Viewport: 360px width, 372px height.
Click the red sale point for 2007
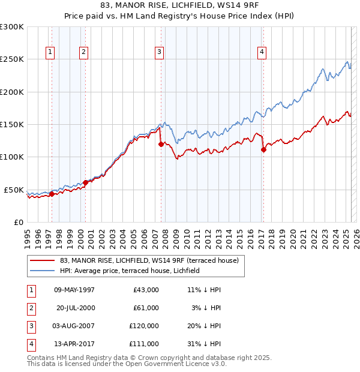coord(161,144)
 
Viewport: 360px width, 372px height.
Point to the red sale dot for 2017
coord(263,150)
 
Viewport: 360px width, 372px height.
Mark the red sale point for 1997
coord(52,194)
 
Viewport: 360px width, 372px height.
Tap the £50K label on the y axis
coord(14,190)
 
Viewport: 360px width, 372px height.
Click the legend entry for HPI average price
coord(133,271)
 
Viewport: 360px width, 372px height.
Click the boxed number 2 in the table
coord(31,308)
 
